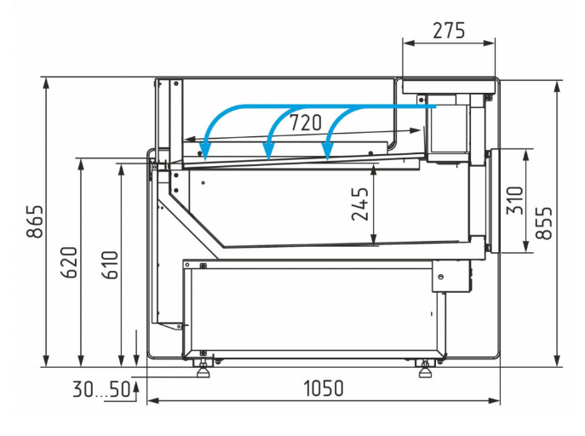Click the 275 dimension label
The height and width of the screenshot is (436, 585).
(449, 31)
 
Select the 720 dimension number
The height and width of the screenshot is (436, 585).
(306, 123)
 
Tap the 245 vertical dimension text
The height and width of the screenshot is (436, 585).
(360, 204)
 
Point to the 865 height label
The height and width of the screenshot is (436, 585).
(35, 221)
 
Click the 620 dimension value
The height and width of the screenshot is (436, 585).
(69, 262)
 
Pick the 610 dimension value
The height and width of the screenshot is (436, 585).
(110, 265)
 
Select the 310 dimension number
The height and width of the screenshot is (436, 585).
(515, 200)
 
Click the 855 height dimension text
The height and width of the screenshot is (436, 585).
(544, 222)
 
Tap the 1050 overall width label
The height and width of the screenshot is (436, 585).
(324, 388)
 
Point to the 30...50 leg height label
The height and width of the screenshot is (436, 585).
(101, 389)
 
